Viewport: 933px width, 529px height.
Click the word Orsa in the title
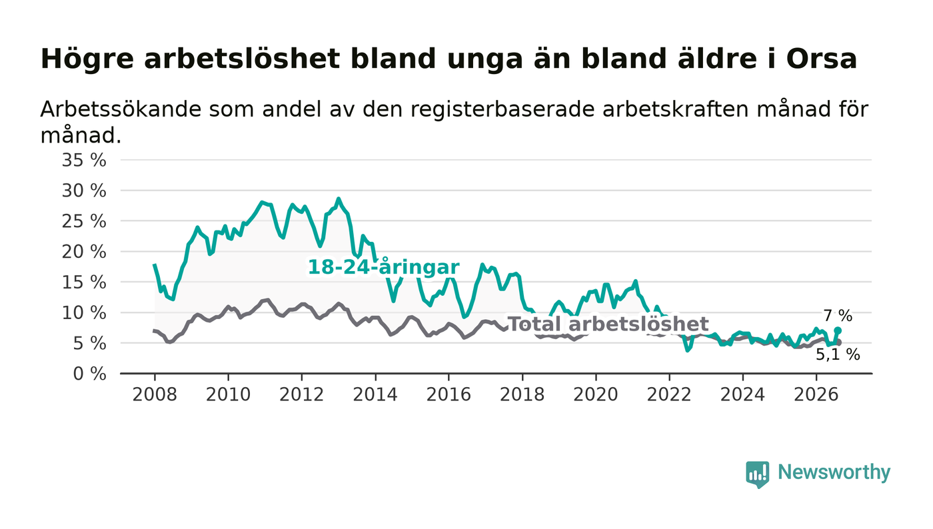coord(821,59)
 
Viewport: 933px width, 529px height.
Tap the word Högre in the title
coord(87,59)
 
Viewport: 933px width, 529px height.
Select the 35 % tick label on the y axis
coord(84,160)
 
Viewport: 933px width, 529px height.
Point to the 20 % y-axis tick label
coord(84,252)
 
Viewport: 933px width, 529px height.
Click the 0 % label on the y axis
coord(89,374)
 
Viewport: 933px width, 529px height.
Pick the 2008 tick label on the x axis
coord(155,394)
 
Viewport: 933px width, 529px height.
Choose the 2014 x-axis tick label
coord(375,394)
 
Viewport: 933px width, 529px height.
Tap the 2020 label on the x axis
coord(596,394)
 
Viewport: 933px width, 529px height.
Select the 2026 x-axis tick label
coord(816,394)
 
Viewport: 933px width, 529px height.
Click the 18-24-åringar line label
coord(384,267)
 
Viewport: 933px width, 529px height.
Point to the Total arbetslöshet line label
coord(608,324)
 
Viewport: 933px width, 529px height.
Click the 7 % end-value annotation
coord(838,316)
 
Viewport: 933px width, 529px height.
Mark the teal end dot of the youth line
coord(838,330)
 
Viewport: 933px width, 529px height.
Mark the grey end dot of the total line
coord(838,342)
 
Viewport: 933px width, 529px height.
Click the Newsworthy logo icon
coord(758,474)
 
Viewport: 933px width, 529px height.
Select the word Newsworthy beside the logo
coord(834,472)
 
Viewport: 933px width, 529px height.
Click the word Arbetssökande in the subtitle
coord(121,109)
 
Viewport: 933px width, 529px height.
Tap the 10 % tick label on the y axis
coord(84,313)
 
